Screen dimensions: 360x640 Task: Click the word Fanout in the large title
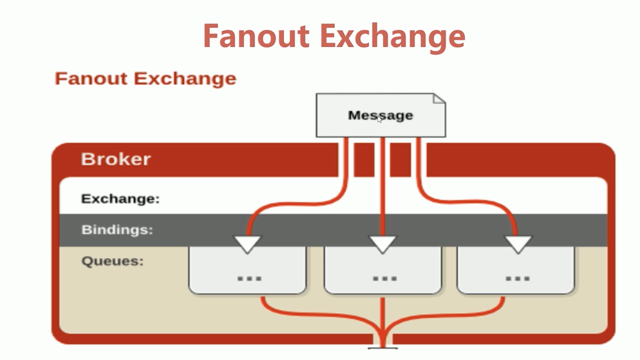[x=256, y=36]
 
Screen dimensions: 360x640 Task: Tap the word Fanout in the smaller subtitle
[x=91, y=78]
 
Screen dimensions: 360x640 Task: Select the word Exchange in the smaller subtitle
[x=185, y=79]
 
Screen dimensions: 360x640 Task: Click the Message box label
[x=380, y=115]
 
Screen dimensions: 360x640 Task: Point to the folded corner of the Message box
[x=439, y=99]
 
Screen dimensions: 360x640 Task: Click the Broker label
[x=116, y=159]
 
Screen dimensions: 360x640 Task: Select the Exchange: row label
[x=120, y=199]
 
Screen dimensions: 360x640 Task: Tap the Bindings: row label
[x=117, y=230]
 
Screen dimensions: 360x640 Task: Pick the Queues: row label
[x=112, y=261]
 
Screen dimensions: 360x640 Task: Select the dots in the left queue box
[x=249, y=278]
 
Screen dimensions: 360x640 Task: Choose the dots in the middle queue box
[x=385, y=278]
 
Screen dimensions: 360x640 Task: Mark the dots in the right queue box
[x=517, y=278]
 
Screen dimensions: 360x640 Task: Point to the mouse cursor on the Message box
[x=380, y=119]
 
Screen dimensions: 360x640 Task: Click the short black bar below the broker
[x=383, y=348]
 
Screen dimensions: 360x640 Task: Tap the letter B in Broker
[x=87, y=159]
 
